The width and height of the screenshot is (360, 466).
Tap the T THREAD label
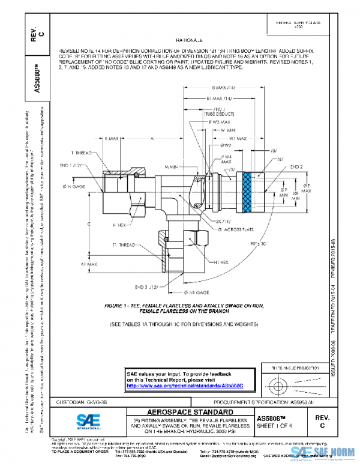click(x=81, y=153)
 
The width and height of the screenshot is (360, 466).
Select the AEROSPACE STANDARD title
click(x=188, y=411)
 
